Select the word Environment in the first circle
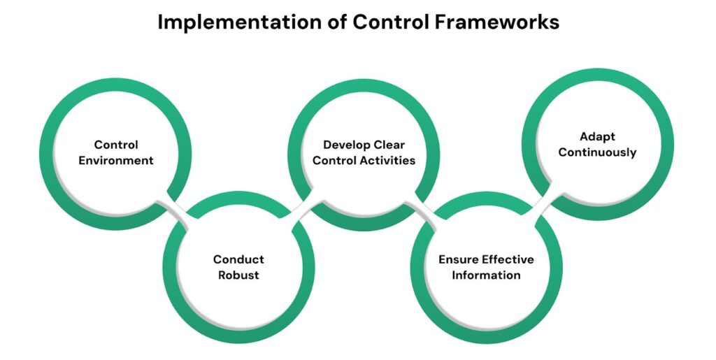coord(116,160)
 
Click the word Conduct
coord(238,259)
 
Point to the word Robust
coord(238,275)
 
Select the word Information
coord(486,275)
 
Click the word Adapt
coord(597,136)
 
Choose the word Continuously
coord(597,152)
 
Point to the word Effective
coord(508,259)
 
